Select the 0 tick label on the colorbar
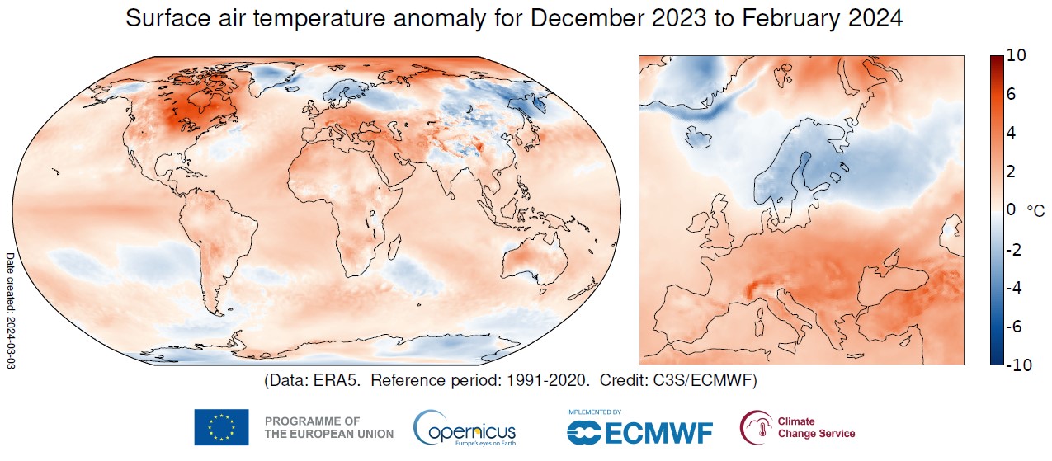1012,210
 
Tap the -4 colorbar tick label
1017,288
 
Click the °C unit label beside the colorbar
1035,211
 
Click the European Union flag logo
221,427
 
